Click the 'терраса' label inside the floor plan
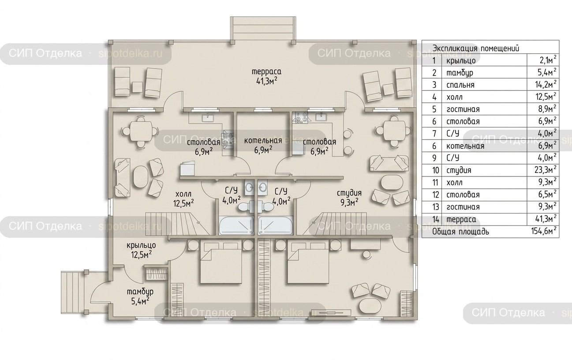tap(266, 71)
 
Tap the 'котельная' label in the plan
tap(263, 141)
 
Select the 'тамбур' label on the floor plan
tap(140, 292)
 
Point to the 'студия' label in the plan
tap(349, 193)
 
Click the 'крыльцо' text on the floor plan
tap(141, 246)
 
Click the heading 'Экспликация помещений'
tap(476, 48)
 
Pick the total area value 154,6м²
tap(543, 231)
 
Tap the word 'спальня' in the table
tap(460, 85)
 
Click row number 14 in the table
tap(436, 219)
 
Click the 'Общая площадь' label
tap(460, 232)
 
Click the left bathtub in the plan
tap(236, 226)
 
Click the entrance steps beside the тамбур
tap(72, 292)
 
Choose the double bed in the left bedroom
tap(221, 263)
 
